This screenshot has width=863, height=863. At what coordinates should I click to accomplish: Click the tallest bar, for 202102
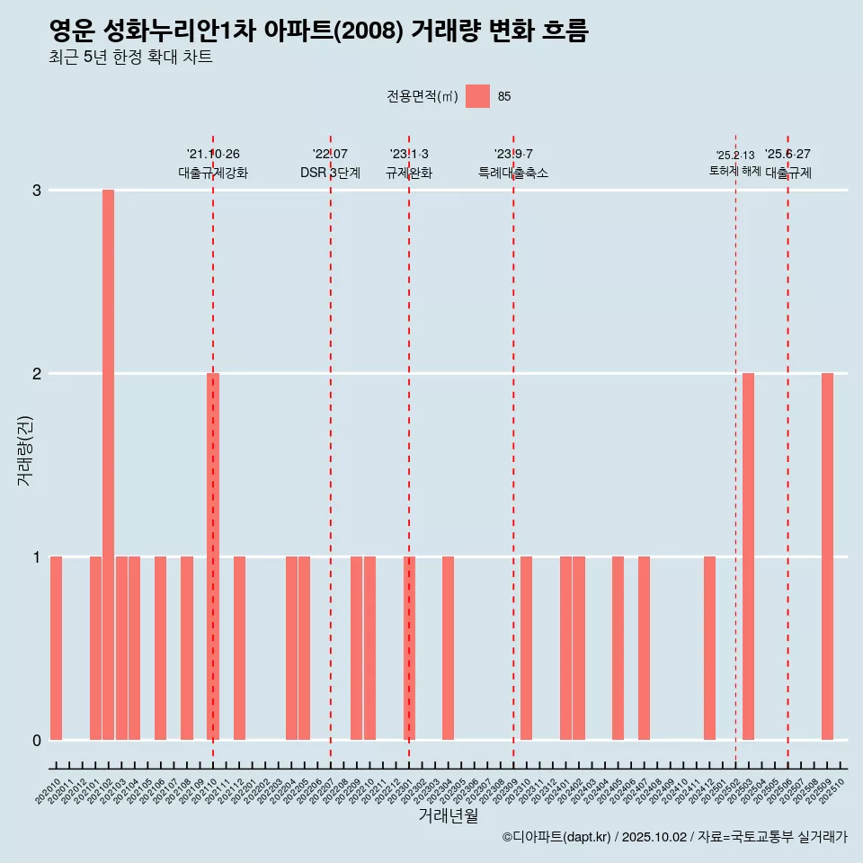point(108,464)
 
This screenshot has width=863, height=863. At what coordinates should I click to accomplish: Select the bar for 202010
point(56,647)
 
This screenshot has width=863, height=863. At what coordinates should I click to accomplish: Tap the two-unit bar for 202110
point(213,556)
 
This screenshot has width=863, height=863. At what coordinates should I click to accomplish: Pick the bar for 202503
point(748,556)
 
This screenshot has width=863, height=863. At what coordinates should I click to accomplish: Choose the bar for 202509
point(827,556)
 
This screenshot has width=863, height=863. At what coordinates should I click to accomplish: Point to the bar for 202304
point(448,647)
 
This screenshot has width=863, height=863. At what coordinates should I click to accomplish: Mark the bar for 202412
point(709,647)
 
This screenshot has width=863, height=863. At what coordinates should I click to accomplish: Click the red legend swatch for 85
point(477,96)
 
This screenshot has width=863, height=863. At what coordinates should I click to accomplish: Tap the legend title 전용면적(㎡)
point(422,97)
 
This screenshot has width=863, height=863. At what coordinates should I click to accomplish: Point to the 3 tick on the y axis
point(37,191)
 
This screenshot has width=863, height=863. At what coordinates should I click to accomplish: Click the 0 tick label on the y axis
point(37,740)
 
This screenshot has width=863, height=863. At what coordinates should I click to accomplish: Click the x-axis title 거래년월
point(448,815)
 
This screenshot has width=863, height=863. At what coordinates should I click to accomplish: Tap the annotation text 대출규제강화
point(213,173)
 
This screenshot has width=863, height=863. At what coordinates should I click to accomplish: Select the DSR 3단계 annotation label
point(330,173)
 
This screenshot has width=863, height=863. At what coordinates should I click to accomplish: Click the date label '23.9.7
point(513,155)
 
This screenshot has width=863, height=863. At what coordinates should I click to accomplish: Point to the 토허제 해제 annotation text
point(734,171)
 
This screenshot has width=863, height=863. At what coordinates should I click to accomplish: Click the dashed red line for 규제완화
point(409,449)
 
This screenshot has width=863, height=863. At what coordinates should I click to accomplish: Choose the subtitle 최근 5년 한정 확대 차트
point(130,58)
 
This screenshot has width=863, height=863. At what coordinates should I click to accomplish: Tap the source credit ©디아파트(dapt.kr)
point(557,837)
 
